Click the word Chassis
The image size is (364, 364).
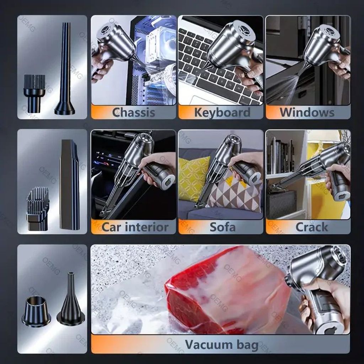[134, 112]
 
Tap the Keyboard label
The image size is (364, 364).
[222, 112]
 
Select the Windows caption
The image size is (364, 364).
[307, 112]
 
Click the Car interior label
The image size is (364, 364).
[135, 227]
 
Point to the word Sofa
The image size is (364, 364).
[223, 227]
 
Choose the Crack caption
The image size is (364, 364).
[311, 227]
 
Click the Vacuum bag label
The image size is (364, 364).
[221, 344]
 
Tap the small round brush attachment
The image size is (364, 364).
[34, 93]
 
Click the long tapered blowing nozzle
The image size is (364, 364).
[65, 69]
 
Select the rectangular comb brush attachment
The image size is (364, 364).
[38, 209]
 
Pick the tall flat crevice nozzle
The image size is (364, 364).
[69, 184]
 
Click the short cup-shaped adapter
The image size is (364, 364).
[36, 311]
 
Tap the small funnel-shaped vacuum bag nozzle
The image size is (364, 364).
[70, 299]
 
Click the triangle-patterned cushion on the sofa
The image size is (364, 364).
[235, 193]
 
